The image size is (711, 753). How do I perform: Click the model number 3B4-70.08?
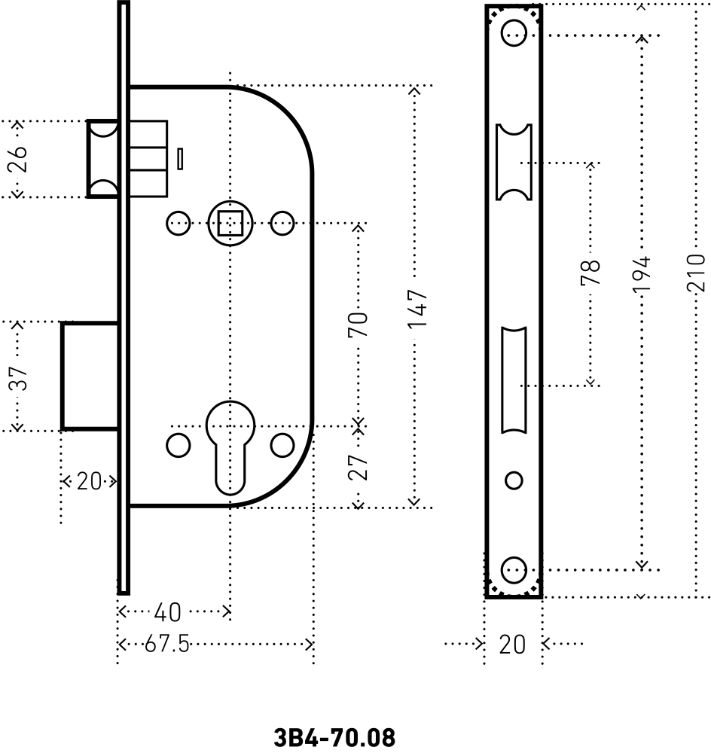pyautogui.click(x=334, y=736)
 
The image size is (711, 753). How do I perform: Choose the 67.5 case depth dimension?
pyautogui.click(x=167, y=645)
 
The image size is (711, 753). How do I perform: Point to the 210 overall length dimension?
pyautogui.click(x=697, y=273)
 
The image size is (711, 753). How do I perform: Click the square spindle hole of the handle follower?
pyautogui.click(x=228, y=224)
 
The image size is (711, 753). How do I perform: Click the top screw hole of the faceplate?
pyautogui.click(x=514, y=32)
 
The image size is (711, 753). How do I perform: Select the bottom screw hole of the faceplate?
pyautogui.click(x=514, y=569)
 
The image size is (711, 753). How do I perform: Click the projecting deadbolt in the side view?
pyautogui.click(x=90, y=376)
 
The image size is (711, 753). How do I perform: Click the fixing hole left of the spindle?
pyautogui.click(x=179, y=223)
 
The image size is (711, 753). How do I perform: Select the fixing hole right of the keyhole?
pyautogui.click(x=282, y=445)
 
